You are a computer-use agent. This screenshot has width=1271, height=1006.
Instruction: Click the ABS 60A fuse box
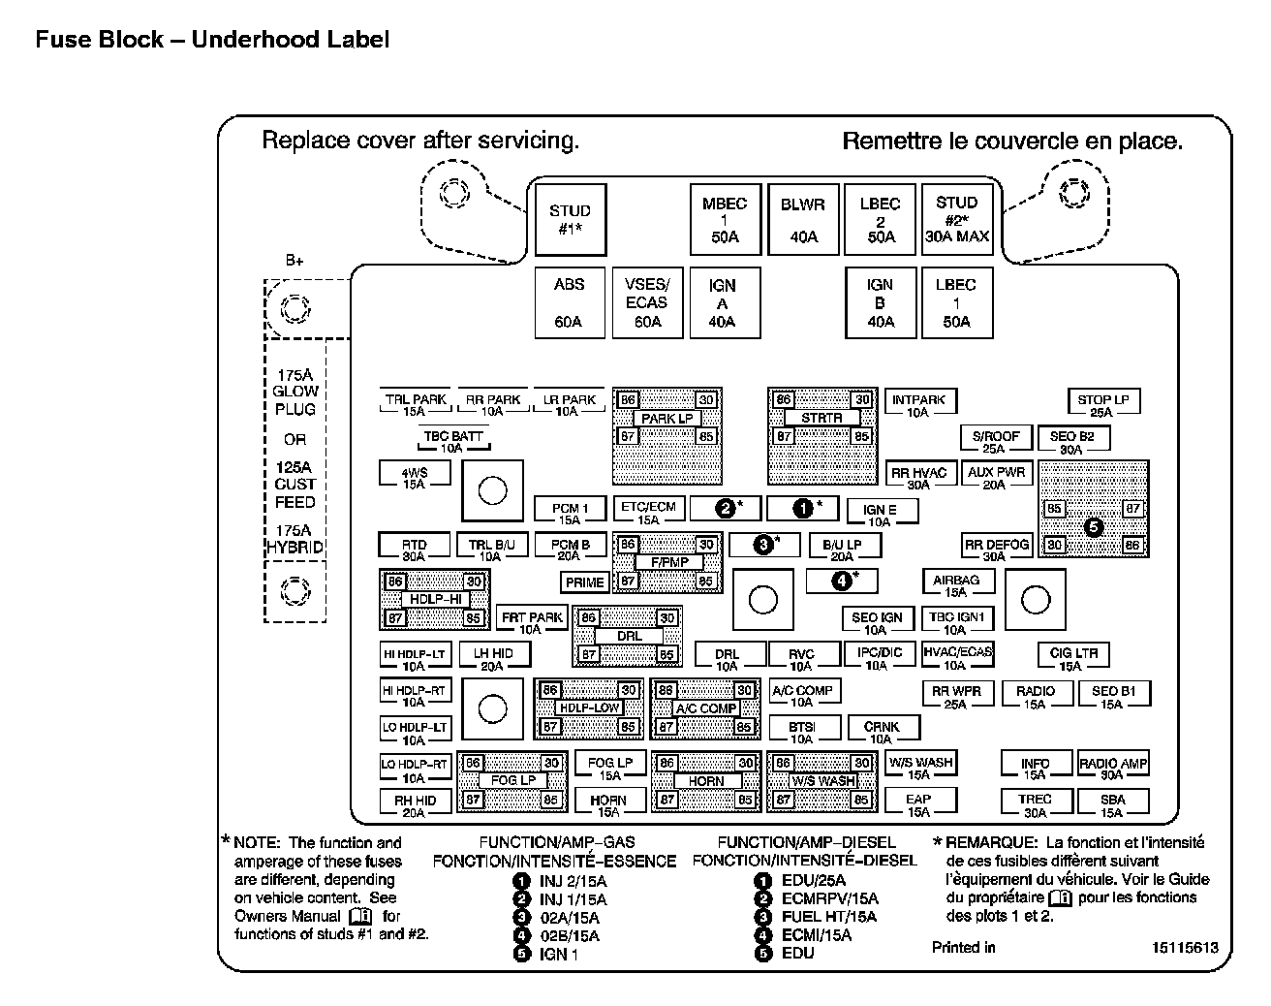pyautogui.click(x=570, y=302)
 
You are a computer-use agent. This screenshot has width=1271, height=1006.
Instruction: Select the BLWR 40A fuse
pyautogui.click(x=803, y=220)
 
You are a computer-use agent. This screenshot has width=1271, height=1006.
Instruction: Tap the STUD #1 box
pyautogui.click(x=570, y=220)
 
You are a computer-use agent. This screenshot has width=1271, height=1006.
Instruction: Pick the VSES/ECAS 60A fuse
pyautogui.click(x=647, y=302)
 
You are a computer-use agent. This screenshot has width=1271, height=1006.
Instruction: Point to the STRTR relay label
pyautogui.click(x=822, y=418)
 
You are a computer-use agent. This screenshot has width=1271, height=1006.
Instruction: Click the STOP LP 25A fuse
pyautogui.click(x=1102, y=403)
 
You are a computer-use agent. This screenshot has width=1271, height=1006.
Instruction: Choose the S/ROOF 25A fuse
pyautogui.click(x=995, y=440)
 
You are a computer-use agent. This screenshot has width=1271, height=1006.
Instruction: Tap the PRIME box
pyautogui.click(x=584, y=582)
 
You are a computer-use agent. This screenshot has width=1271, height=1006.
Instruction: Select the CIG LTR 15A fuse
pyautogui.click(x=1072, y=658)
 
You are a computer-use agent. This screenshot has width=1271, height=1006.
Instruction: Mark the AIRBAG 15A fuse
pyautogui.click(x=956, y=584)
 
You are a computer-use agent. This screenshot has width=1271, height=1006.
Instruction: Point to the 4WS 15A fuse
pyautogui.click(x=415, y=476)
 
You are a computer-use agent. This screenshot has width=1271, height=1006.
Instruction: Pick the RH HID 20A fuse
pyautogui.click(x=415, y=804)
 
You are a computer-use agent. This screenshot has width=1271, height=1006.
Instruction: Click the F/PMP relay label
pyautogui.click(x=667, y=562)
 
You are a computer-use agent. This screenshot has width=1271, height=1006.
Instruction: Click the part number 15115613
pyautogui.click(x=1185, y=948)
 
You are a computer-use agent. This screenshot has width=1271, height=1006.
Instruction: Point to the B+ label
pyautogui.click(x=294, y=261)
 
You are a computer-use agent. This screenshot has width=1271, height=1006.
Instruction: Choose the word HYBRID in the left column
pyautogui.click(x=295, y=548)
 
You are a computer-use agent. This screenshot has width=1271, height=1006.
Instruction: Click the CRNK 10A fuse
pyautogui.click(x=882, y=731)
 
